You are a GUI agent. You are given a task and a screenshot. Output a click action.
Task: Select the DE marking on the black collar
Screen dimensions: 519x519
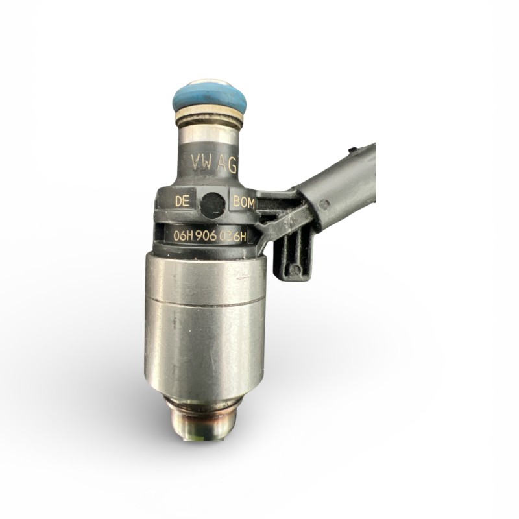pyautogui.click(x=182, y=202)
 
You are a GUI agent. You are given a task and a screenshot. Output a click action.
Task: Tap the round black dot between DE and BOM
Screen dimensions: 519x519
pyautogui.click(x=212, y=204)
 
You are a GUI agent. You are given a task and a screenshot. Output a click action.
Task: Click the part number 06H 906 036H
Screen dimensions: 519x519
pyautogui.click(x=210, y=236)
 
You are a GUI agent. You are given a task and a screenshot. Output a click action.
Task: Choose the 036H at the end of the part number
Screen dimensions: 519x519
pyautogui.click(x=236, y=236)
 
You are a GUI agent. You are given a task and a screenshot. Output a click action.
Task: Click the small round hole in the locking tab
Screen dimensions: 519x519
pyautogui.click(x=295, y=269)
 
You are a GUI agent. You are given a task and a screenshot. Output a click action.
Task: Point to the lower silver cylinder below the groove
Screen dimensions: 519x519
pyautogui.click(x=204, y=350)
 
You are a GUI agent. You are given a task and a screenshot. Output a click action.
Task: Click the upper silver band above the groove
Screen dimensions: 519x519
pyautogui.click(x=204, y=276)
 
